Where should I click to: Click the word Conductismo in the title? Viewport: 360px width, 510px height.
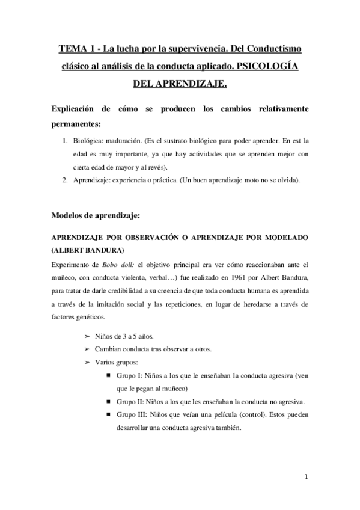(276, 47)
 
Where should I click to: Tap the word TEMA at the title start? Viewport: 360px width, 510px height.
(71, 47)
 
